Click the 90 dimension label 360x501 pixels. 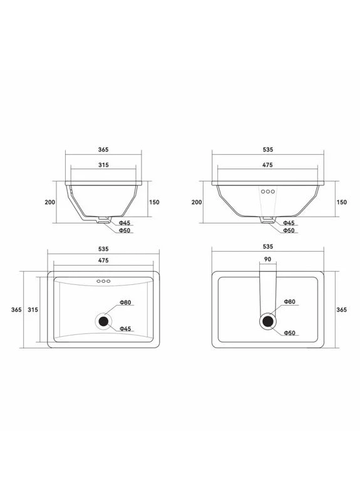[x=268, y=259]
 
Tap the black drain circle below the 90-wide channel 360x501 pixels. [x=268, y=321]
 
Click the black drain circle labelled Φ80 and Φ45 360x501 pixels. [x=103, y=321]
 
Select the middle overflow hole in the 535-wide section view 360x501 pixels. [x=268, y=192]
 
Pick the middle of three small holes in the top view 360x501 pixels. [x=103, y=281]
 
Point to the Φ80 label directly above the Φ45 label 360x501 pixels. [x=125, y=302]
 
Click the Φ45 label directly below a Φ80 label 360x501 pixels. [x=125, y=328]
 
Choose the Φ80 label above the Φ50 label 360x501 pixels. [x=289, y=302]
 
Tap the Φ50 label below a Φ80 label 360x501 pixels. [x=289, y=333]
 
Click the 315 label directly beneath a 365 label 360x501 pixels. [x=103, y=165]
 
